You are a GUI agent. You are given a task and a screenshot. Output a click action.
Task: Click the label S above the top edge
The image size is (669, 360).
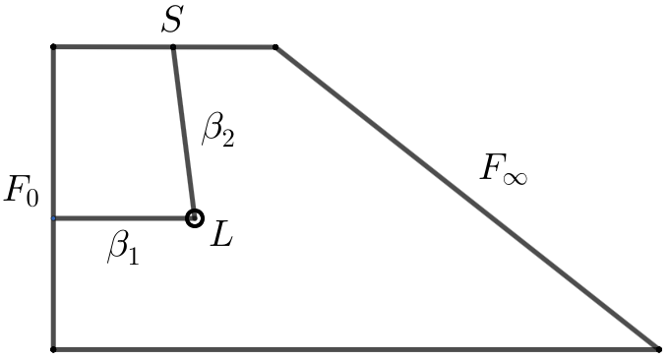click(172, 21)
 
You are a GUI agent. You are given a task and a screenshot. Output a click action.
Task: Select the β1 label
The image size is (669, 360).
click(123, 251)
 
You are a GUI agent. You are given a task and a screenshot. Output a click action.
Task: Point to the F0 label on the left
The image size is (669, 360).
click(21, 191)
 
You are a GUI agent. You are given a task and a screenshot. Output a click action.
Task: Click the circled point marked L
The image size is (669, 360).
click(194, 217)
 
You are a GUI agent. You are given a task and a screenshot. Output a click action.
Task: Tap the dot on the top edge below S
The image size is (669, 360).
click(173, 46)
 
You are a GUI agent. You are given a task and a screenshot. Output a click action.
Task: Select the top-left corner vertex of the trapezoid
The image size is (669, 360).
click(53, 46)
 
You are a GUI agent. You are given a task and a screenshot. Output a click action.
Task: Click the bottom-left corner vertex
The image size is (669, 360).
click(53, 348)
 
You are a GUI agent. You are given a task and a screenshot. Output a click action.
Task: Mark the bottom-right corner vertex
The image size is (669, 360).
click(657, 348)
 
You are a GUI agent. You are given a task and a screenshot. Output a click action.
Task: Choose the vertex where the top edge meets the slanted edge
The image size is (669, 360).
click(275, 46)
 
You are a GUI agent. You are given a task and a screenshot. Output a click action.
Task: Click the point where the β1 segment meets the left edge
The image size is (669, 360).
click(53, 217)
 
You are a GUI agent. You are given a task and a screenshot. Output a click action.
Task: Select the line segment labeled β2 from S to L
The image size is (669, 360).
click(183, 132)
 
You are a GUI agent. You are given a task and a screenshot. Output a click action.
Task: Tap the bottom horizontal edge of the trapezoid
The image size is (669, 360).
click(354, 348)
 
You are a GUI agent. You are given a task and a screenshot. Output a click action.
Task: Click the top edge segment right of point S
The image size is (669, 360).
click(224, 46)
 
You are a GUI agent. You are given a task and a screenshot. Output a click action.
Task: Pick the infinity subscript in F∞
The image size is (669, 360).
click(516, 178)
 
